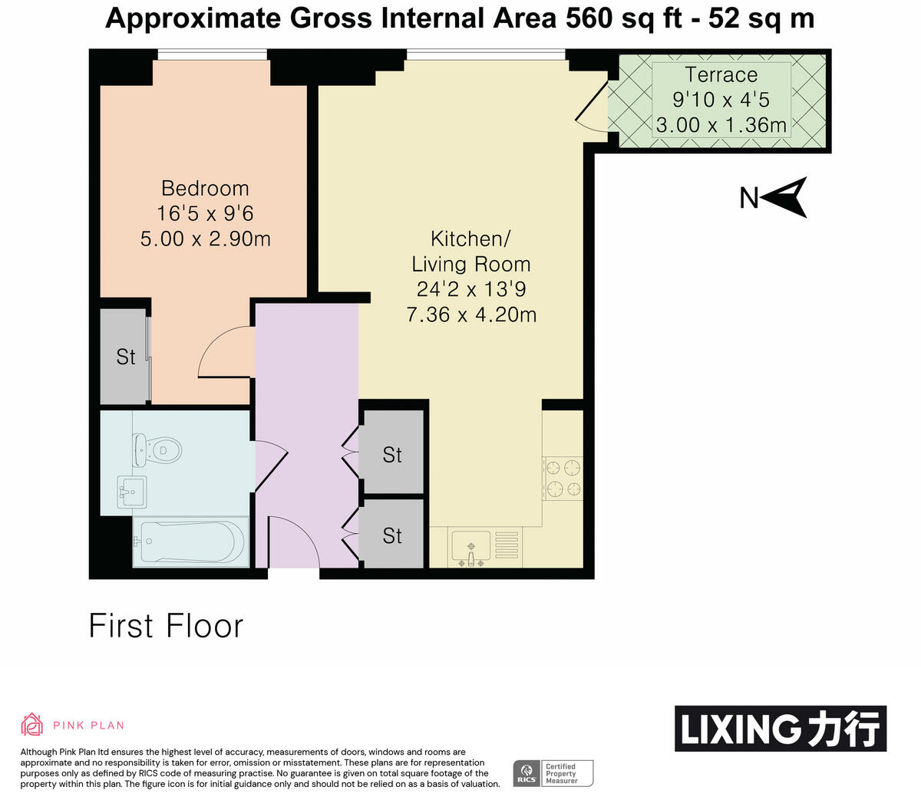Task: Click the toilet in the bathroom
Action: click(158, 450)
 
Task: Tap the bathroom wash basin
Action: click(132, 491)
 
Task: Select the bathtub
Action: click(189, 542)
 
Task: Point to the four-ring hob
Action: click(563, 478)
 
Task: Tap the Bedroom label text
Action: click(205, 188)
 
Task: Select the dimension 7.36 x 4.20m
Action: click(471, 314)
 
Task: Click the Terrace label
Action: click(721, 74)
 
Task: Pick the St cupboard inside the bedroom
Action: click(125, 357)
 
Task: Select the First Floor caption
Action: click(166, 626)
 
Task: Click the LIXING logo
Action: click(780, 728)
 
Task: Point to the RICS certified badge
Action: click(553, 772)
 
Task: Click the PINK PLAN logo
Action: click(72, 725)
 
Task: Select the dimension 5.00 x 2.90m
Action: click(205, 239)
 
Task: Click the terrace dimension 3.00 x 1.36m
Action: click(721, 125)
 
